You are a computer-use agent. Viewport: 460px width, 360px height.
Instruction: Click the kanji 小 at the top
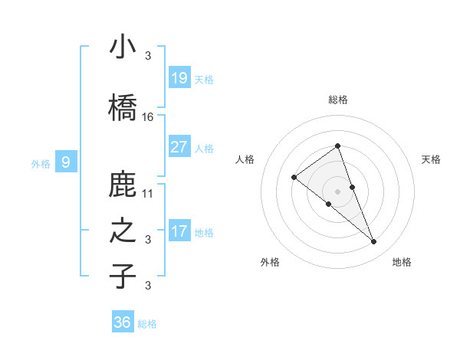tap(123, 47)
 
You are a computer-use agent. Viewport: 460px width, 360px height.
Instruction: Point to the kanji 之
tap(123, 231)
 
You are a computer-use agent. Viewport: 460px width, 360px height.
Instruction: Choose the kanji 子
tap(123, 276)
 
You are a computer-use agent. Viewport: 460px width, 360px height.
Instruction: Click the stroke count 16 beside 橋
tap(148, 117)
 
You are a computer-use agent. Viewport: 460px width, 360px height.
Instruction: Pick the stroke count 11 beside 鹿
tap(148, 194)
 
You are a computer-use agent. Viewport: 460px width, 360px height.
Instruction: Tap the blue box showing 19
tap(179, 77)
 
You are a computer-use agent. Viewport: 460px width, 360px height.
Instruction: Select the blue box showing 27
tap(179, 146)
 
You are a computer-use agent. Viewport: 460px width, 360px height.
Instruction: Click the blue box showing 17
tap(179, 231)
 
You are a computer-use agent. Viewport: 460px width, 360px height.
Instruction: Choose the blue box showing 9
tap(66, 162)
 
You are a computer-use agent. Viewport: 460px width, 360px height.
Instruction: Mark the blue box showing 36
tap(123, 322)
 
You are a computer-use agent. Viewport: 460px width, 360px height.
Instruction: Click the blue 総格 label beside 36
tap(148, 325)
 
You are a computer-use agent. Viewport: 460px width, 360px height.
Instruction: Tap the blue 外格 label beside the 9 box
tap(41, 163)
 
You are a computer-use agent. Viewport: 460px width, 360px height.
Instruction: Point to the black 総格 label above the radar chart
tap(338, 100)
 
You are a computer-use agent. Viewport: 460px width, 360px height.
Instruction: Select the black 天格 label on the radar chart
tap(432, 159)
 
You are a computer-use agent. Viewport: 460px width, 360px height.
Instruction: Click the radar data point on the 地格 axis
tap(374, 242)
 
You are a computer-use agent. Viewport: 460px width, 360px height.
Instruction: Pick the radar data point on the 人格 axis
tap(294, 178)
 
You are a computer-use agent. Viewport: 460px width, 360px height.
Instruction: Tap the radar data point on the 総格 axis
tap(338, 146)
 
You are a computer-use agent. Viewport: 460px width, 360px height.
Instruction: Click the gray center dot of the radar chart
tap(338, 191)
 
